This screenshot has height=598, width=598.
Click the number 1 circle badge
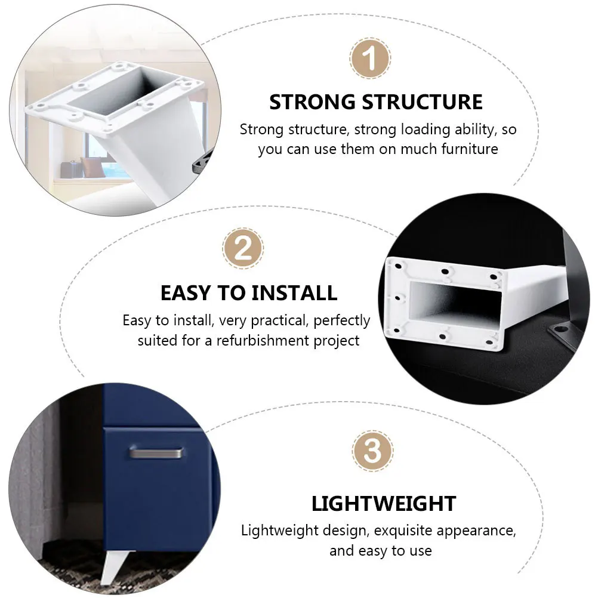(x=370, y=59)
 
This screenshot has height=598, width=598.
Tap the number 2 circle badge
(x=243, y=248)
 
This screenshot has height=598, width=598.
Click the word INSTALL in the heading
(x=294, y=293)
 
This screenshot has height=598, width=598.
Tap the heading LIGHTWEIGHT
(x=384, y=504)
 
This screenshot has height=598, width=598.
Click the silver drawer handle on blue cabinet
(x=157, y=454)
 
